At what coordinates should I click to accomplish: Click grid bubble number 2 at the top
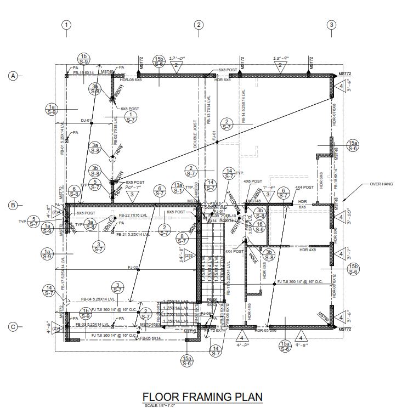click(x=199, y=25)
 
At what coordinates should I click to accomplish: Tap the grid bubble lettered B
click(x=13, y=205)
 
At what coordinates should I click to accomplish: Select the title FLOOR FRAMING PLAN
click(x=202, y=397)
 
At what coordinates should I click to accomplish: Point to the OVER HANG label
click(x=382, y=184)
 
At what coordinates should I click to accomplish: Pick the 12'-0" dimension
click(x=176, y=58)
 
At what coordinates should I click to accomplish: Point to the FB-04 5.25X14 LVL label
click(x=98, y=299)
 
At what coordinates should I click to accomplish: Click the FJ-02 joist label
click(x=133, y=268)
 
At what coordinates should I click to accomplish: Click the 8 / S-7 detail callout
click(x=182, y=239)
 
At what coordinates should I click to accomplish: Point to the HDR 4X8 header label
click(x=308, y=250)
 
